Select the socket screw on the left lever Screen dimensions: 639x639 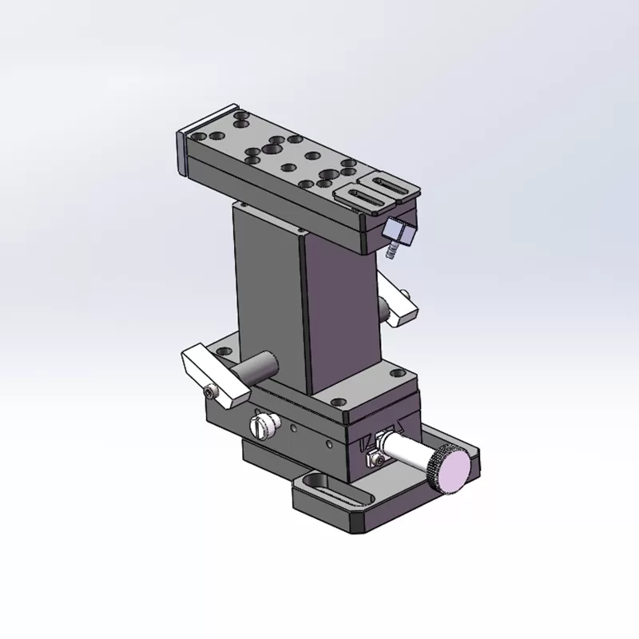click(x=211, y=391)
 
